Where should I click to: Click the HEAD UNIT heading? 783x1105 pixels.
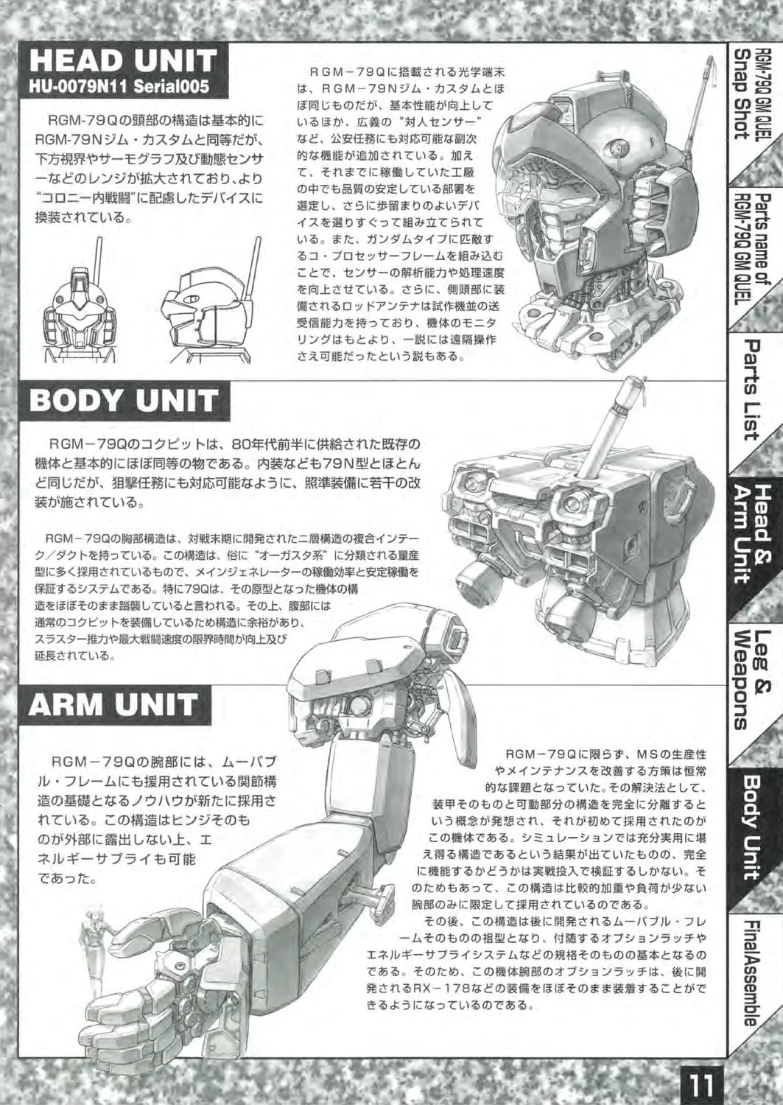tap(123, 61)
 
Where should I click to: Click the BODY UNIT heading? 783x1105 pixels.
tap(123, 401)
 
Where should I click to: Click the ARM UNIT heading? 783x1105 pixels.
tap(113, 704)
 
